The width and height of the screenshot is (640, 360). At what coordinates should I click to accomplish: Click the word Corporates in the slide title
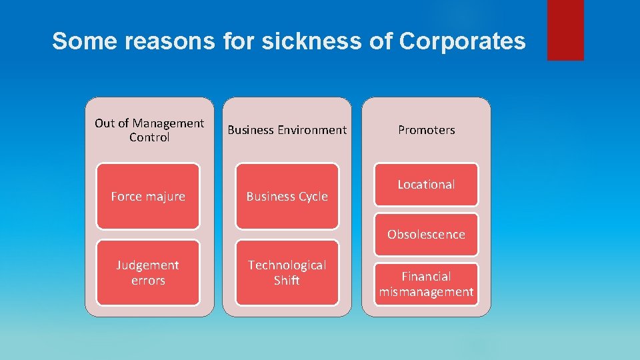(462, 41)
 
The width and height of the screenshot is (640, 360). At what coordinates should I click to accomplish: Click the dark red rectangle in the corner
(565, 30)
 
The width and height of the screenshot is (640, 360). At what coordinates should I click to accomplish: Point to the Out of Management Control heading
(149, 130)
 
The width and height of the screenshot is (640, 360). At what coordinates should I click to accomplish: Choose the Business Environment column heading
(287, 130)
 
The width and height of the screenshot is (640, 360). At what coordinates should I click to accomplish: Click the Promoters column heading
(426, 130)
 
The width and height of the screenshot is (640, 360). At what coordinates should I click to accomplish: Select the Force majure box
(148, 196)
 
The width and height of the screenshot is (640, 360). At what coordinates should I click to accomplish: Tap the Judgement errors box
(148, 273)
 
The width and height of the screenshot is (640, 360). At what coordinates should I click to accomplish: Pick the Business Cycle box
(287, 196)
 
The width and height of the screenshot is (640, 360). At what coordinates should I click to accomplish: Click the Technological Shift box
(287, 273)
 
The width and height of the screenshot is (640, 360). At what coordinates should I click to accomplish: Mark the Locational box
(426, 185)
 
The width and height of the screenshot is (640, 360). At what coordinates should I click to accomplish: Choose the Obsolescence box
(426, 235)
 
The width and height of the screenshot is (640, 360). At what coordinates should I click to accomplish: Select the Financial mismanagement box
(426, 284)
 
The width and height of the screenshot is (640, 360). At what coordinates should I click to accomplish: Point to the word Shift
(287, 281)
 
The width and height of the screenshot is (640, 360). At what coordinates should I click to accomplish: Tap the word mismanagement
(426, 292)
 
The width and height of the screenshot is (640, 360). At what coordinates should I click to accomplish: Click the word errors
(148, 281)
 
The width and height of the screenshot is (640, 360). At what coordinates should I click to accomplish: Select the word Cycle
(312, 197)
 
